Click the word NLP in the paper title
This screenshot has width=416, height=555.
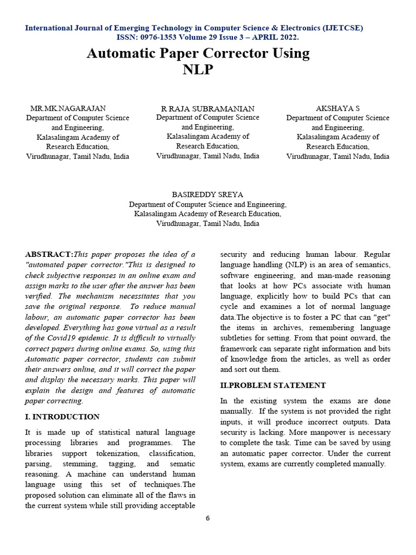pos(198,70)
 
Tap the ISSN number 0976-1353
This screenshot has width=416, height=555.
pos(160,37)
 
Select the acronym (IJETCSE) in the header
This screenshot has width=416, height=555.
pos(336,28)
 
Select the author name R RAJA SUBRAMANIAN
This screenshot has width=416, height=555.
pos(208,108)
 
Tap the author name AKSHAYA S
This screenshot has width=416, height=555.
pos(337,108)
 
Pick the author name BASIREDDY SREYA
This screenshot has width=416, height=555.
pos(207,194)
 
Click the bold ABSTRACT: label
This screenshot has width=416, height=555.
pos(49,254)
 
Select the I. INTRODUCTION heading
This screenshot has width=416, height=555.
pos(62,417)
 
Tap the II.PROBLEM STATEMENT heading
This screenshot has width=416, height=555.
pos(273,385)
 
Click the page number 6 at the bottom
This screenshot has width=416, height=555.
pos(207,518)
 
